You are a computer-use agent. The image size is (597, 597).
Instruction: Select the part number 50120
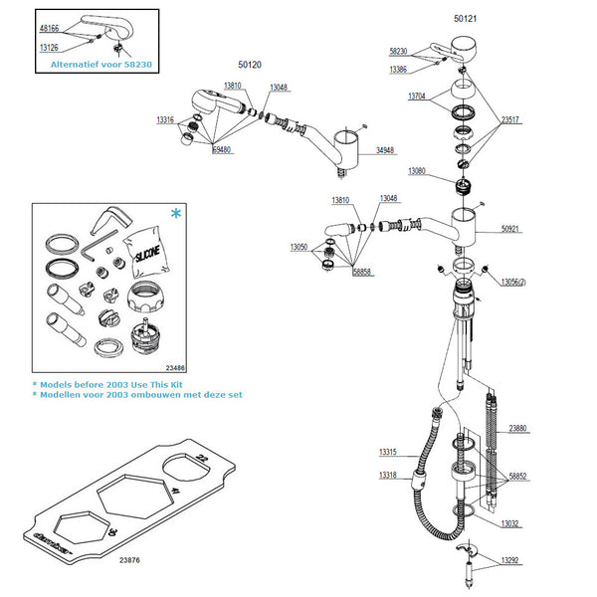250,65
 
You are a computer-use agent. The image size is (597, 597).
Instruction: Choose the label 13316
167,119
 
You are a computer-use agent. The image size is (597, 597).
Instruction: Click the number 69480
223,150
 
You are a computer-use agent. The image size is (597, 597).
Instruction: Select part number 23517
510,119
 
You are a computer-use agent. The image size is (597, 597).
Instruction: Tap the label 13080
418,171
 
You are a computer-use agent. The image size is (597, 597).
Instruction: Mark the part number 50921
510,229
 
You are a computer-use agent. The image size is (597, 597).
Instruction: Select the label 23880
518,429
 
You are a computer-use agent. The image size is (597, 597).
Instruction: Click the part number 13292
510,560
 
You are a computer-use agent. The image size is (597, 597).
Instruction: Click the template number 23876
130,561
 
